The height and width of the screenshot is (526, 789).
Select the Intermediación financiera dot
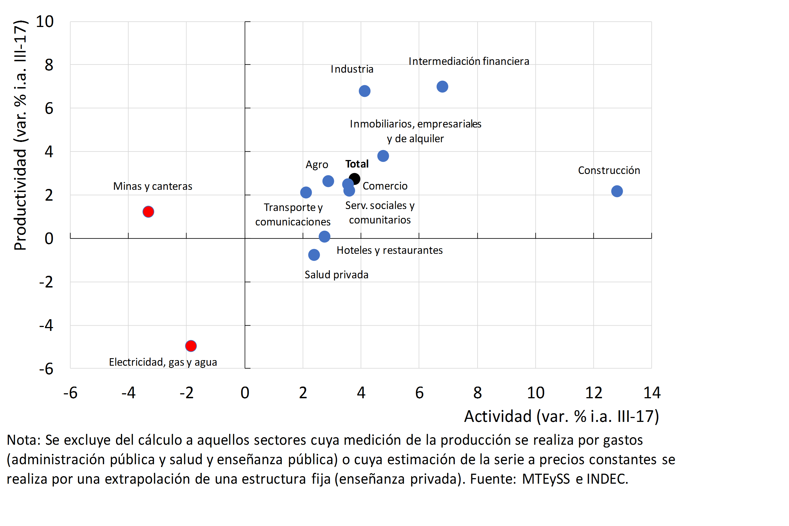(442, 87)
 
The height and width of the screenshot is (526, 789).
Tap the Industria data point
(364, 91)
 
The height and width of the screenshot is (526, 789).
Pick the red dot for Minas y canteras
(148, 212)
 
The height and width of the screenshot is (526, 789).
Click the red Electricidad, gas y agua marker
(191, 346)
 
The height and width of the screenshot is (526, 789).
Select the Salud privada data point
(314, 255)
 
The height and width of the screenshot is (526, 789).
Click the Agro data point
(328, 181)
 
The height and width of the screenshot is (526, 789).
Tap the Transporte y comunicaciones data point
(306, 193)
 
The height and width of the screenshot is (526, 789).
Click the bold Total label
(357, 164)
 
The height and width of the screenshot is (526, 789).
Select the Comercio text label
(385, 186)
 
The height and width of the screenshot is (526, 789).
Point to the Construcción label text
(609, 170)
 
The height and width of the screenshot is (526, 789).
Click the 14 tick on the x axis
(652, 393)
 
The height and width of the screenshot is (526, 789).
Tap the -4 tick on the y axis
(46, 325)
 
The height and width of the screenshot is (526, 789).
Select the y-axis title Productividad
(20, 200)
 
